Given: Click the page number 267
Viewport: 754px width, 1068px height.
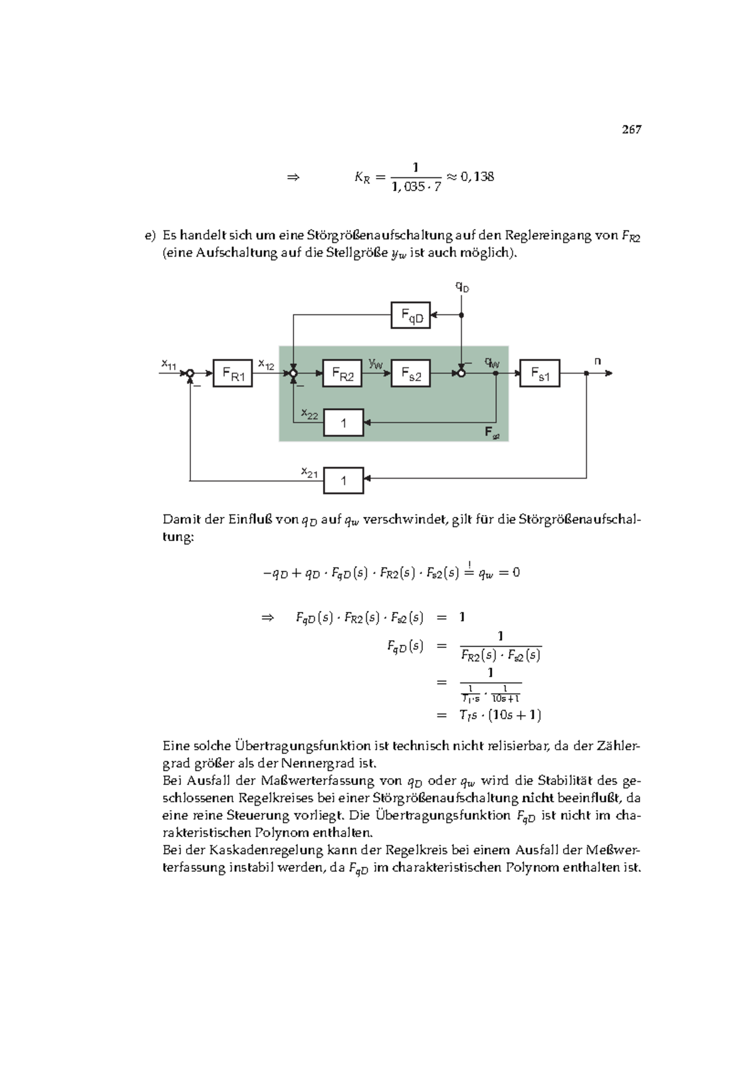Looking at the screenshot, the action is pyautogui.click(x=631, y=130).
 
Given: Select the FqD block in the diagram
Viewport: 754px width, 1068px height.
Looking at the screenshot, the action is pyautogui.click(x=410, y=315).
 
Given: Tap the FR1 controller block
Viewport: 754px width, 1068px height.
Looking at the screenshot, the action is pyautogui.click(x=232, y=374).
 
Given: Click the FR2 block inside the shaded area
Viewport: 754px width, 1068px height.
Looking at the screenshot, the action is pyautogui.click(x=342, y=374).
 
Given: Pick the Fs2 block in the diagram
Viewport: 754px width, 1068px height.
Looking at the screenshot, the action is pyautogui.click(x=410, y=374).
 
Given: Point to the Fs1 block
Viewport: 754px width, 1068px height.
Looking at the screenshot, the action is pyautogui.click(x=540, y=374).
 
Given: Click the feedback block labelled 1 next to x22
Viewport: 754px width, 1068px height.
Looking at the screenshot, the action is pyautogui.click(x=343, y=423).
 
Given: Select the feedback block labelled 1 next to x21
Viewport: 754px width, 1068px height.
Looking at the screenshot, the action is pyautogui.click(x=343, y=481).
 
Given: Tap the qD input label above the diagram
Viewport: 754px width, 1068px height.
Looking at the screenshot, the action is pyautogui.click(x=462, y=287).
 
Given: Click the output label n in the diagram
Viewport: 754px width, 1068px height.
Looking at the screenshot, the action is pyautogui.click(x=598, y=361).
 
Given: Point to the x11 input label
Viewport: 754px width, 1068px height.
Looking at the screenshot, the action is pyautogui.click(x=168, y=364).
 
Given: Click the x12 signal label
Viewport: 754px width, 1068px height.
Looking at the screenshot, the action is pyautogui.click(x=266, y=364).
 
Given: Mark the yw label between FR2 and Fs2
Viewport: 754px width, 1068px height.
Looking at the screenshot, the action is pyautogui.click(x=376, y=364).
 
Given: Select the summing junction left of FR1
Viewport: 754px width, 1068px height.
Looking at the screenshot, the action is pyautogui.click(x=190, y=374).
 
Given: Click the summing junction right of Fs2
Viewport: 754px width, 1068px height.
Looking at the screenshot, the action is pyautogui.click(x=461, y=374).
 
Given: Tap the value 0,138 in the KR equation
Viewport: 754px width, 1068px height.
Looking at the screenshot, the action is pyautogui.click(x=478, y=177).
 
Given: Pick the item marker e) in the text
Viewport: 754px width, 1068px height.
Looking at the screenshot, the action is pyautogui.click(x=150, y=236).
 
